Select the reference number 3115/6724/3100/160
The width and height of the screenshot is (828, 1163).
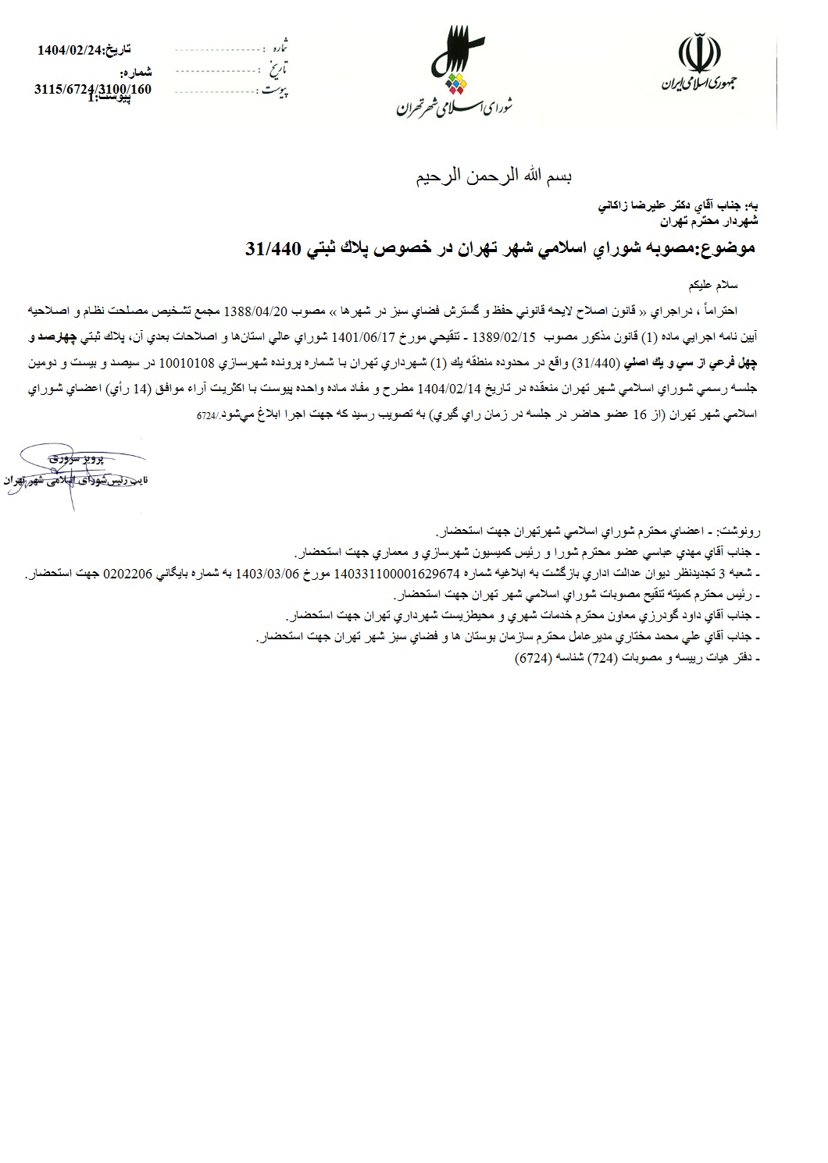tap(93, 89)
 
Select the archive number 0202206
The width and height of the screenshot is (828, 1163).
tap(130, 574)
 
